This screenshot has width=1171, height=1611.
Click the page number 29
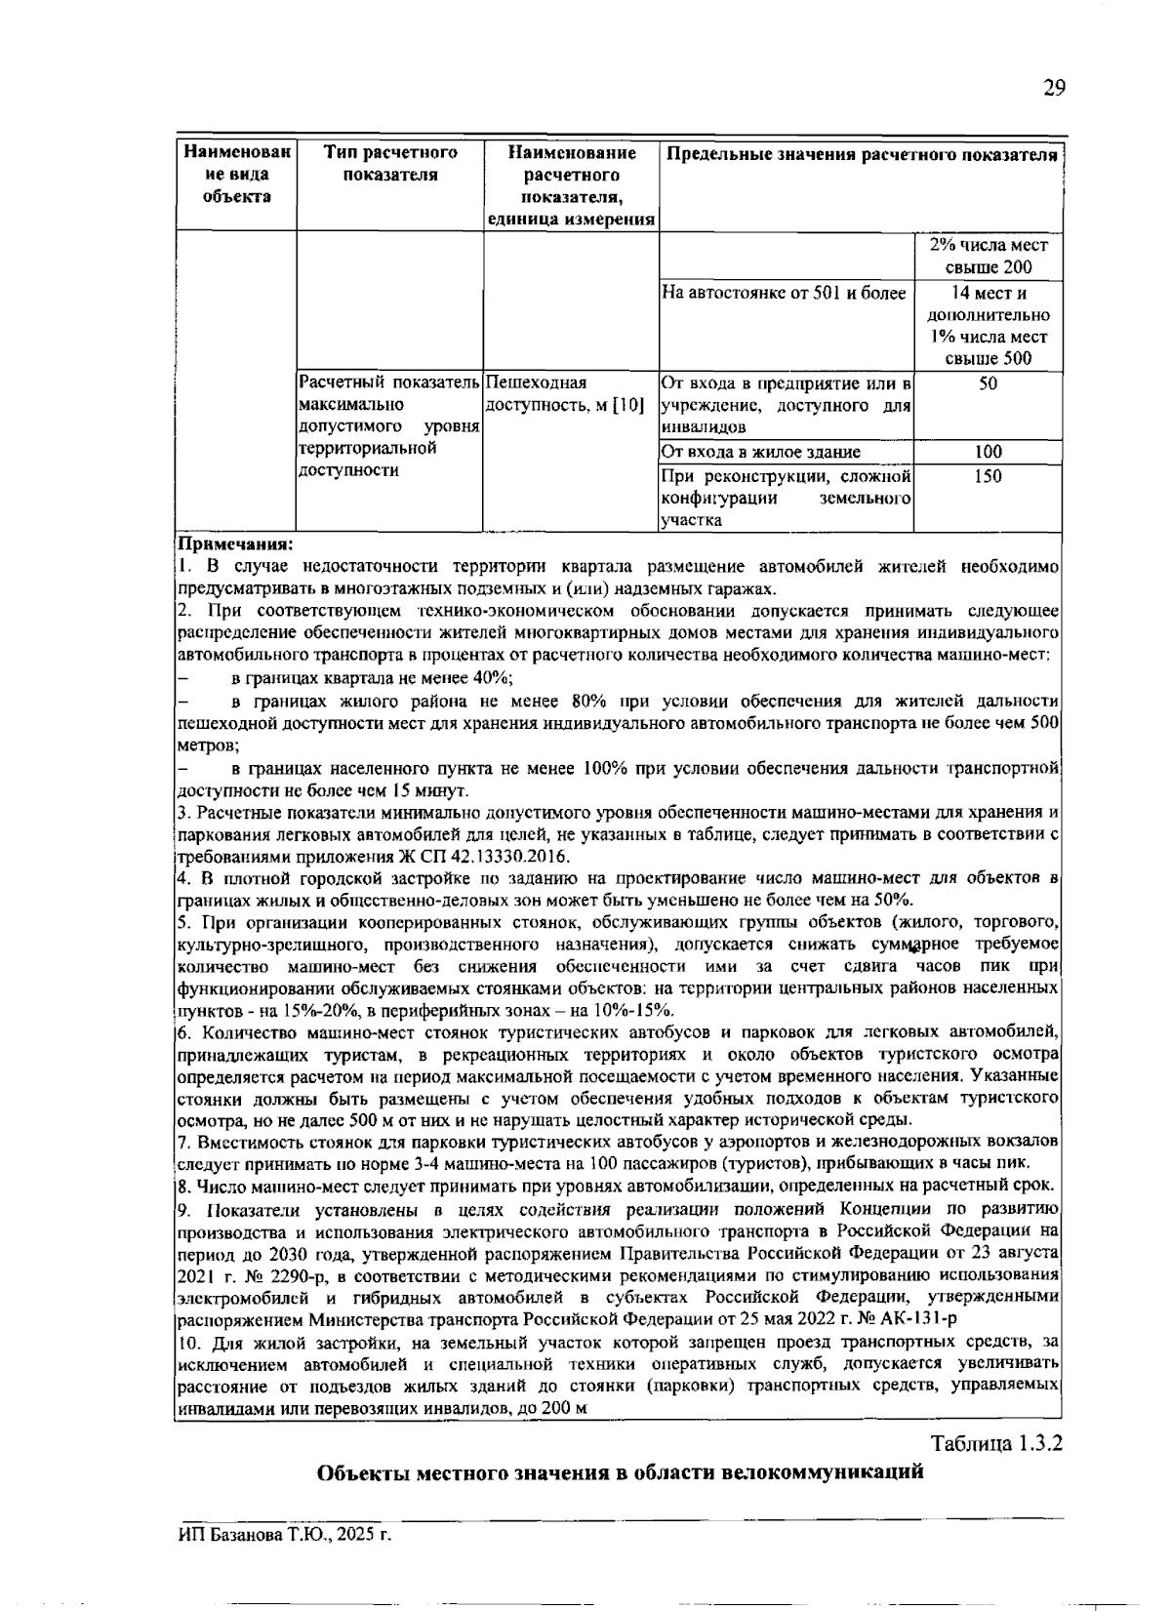(x=1053, y=89)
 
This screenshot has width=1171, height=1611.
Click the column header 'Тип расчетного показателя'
(x=390, y=164)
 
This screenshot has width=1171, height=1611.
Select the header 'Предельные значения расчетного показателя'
(x=861, y=155)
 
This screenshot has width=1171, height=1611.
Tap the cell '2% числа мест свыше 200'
(x=988, y=257)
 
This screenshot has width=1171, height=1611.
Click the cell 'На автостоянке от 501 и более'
(x=785, y=293)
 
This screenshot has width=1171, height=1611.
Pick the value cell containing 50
(x=988, y=384)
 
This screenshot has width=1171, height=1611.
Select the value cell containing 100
(x=988, y=452)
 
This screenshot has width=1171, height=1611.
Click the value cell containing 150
(x=988, y=477)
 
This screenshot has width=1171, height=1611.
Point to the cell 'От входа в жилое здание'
(x=761, y=452)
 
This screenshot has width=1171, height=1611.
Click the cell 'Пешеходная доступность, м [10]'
(x=564, y=394)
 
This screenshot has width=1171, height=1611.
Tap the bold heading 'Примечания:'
(x=234, y=544)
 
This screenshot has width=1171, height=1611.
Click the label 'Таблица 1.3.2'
(x=995, y=1443)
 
